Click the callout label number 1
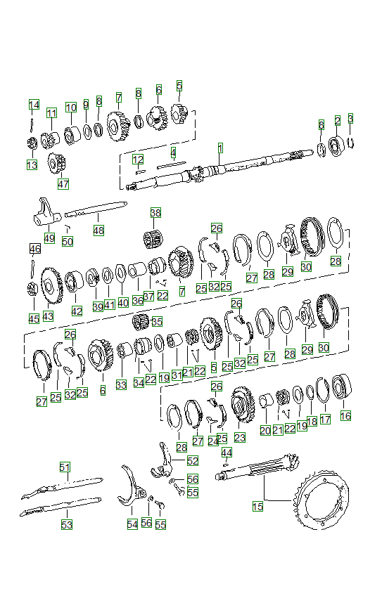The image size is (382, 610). [220, 148]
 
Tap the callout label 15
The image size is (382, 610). [257, 506]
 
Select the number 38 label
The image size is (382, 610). [155, 213]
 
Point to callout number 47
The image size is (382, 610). [63, 184]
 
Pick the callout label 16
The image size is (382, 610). [345, 416]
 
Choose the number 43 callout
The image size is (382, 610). [48, 316]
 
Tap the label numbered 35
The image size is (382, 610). [156, 322]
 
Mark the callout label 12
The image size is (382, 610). [138, 160]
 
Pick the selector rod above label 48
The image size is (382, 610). [98, 208]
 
